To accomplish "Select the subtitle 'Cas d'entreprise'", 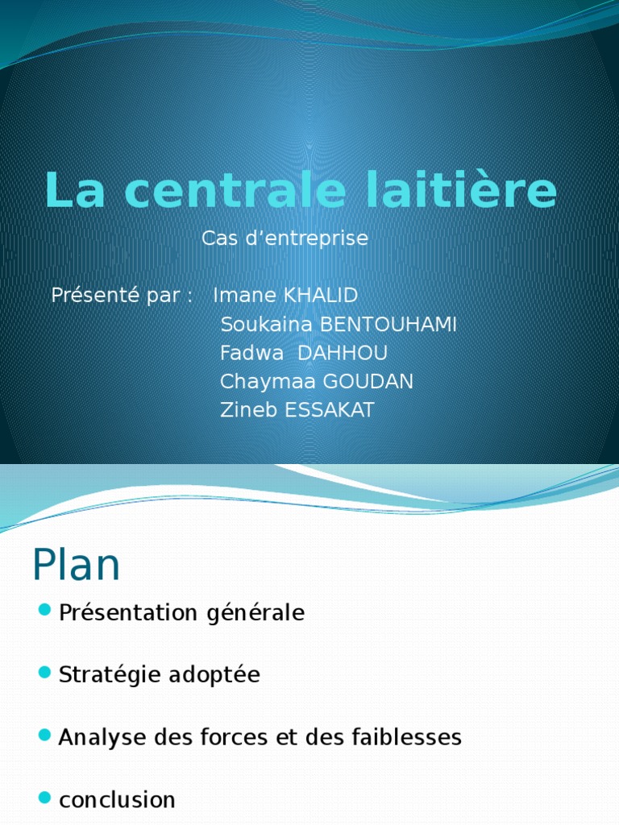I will (x=285, y=238).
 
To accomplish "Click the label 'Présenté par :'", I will (x=122, y=296).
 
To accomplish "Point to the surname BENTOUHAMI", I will (x=388, y=325).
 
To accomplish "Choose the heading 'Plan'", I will (x=77, y=566).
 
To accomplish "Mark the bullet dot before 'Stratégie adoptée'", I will (x=44, y=670).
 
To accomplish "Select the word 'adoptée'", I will (x=214, y=675).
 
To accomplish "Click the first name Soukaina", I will (x=267, y=325).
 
